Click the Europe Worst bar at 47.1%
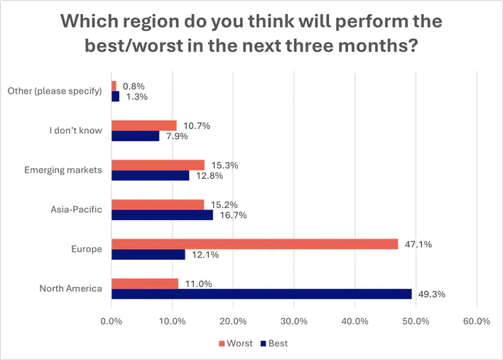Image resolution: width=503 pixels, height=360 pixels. pyautogui.click(x=254, y=244)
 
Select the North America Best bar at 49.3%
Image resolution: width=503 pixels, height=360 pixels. pyautogui.click(x=261, y=294)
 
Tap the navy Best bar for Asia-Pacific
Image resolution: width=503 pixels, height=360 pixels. pyautogui.click(x=162, y=215)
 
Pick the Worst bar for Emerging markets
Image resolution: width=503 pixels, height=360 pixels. pyautogui.click(x=158, y=165)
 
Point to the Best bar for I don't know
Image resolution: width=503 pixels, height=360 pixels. pyautogui.click(x=135, y=136)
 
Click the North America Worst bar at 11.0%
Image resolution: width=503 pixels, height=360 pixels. pyautogui.click(x=145, y=283)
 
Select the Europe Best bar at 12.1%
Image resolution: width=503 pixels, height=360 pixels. pyautogui.click(x=148, y=254)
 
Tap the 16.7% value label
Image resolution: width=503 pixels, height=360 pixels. pyautogui.click(x=231, y=215)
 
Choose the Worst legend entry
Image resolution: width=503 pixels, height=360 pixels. pyautogui.click(x=234, y=344)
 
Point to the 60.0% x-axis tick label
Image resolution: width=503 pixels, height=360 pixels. pyautogui.click(x=476, y=321)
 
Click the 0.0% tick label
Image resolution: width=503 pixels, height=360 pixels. pyautogui.click(x=112, y=321)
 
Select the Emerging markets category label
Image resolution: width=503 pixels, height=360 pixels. pyautogui.click(x=63, y=170)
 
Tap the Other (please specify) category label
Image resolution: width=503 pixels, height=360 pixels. pyautogui.click(x=55, y=91)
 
